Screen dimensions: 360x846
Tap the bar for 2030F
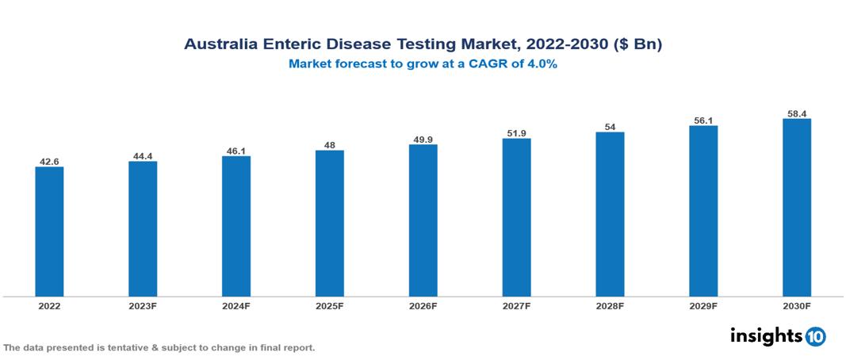click(x=796, y=208)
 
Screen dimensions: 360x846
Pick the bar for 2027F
click(x=516, y=218)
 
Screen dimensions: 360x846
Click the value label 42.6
click(x=49, y=162)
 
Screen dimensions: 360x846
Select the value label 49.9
click(x=423, y=140)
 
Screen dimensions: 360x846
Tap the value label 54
click(x=610, y=127)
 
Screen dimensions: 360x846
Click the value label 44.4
click(x=143, y=156)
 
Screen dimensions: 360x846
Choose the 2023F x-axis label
click(x=143, y=305)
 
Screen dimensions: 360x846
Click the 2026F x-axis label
click(x=423, y=305)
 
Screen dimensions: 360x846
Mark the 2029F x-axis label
click(x=703, y=305)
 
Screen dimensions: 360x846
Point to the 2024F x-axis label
click(x=236, y=305)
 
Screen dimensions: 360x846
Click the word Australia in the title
click(x=221, y=45)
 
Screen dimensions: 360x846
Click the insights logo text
click(x=766, y=336)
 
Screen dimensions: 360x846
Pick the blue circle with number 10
click(x=815, y=337)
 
